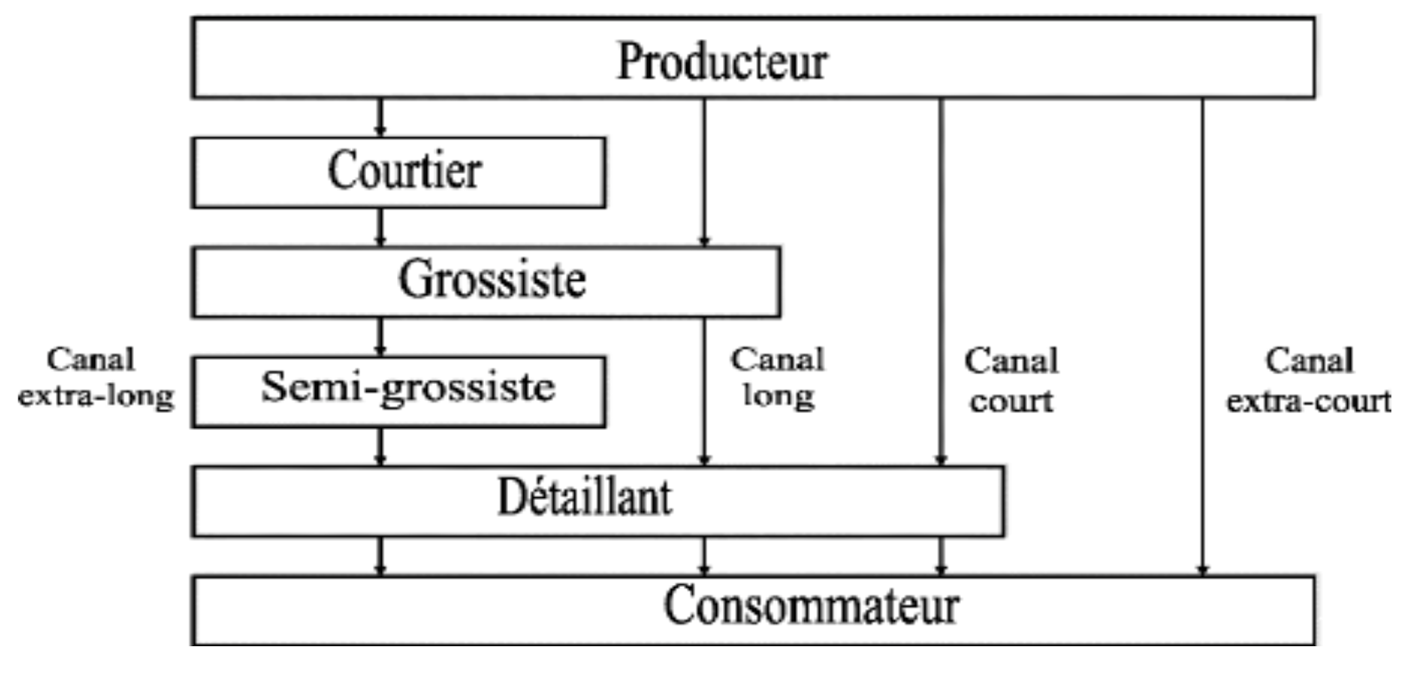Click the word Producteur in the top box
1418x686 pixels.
721,61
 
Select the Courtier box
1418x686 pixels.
404,171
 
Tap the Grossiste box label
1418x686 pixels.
492,280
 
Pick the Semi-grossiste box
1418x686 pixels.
408,388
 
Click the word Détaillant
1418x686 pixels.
584,497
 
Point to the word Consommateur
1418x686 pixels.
811,607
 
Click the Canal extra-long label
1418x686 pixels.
95,378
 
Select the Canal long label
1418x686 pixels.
777,378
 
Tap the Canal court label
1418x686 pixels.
1011,380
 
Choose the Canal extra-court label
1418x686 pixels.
1308,380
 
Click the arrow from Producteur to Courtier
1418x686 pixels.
380,117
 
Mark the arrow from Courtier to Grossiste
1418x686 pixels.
380,227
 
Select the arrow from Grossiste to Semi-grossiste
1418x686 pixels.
380,337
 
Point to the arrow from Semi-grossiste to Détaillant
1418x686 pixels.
380,447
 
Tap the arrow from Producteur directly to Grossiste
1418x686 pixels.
705,172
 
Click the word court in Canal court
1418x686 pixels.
1011,401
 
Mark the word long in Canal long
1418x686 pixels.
778,396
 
